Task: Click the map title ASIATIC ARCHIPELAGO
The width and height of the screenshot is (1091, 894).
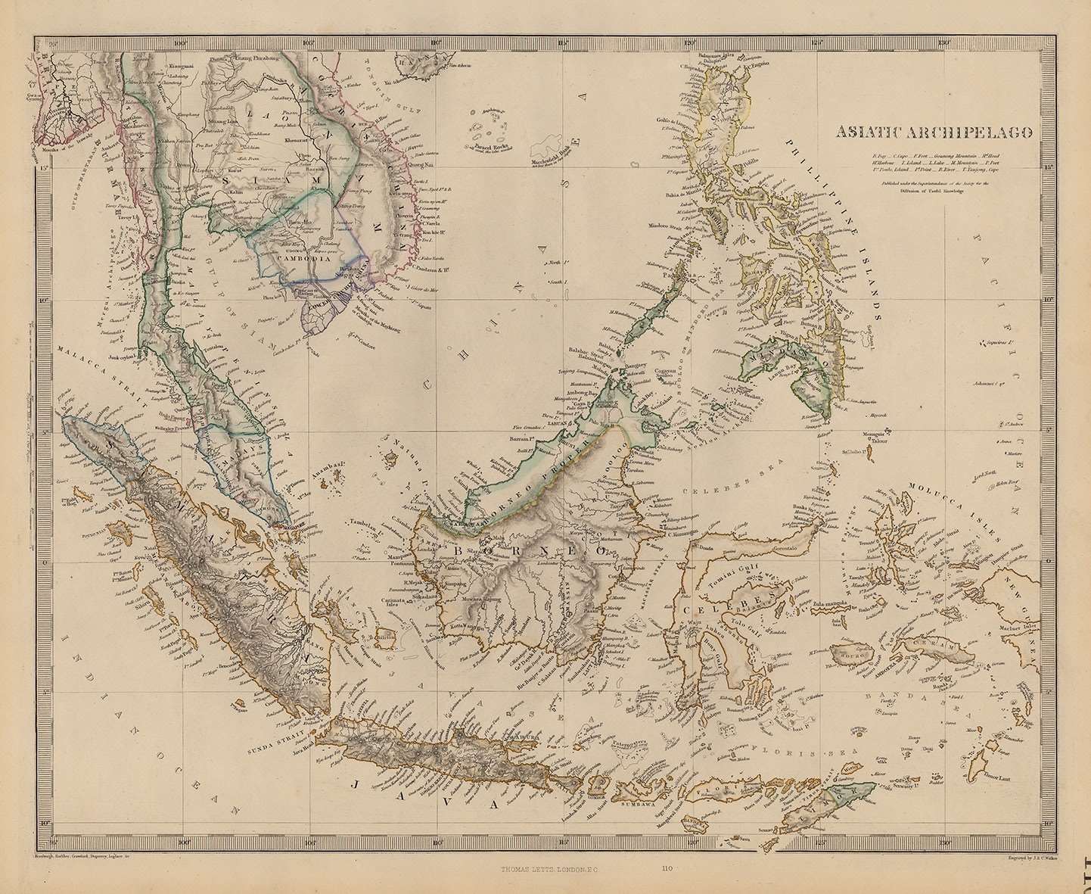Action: [934, 132]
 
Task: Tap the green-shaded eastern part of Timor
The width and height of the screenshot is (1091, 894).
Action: [850, 795]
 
